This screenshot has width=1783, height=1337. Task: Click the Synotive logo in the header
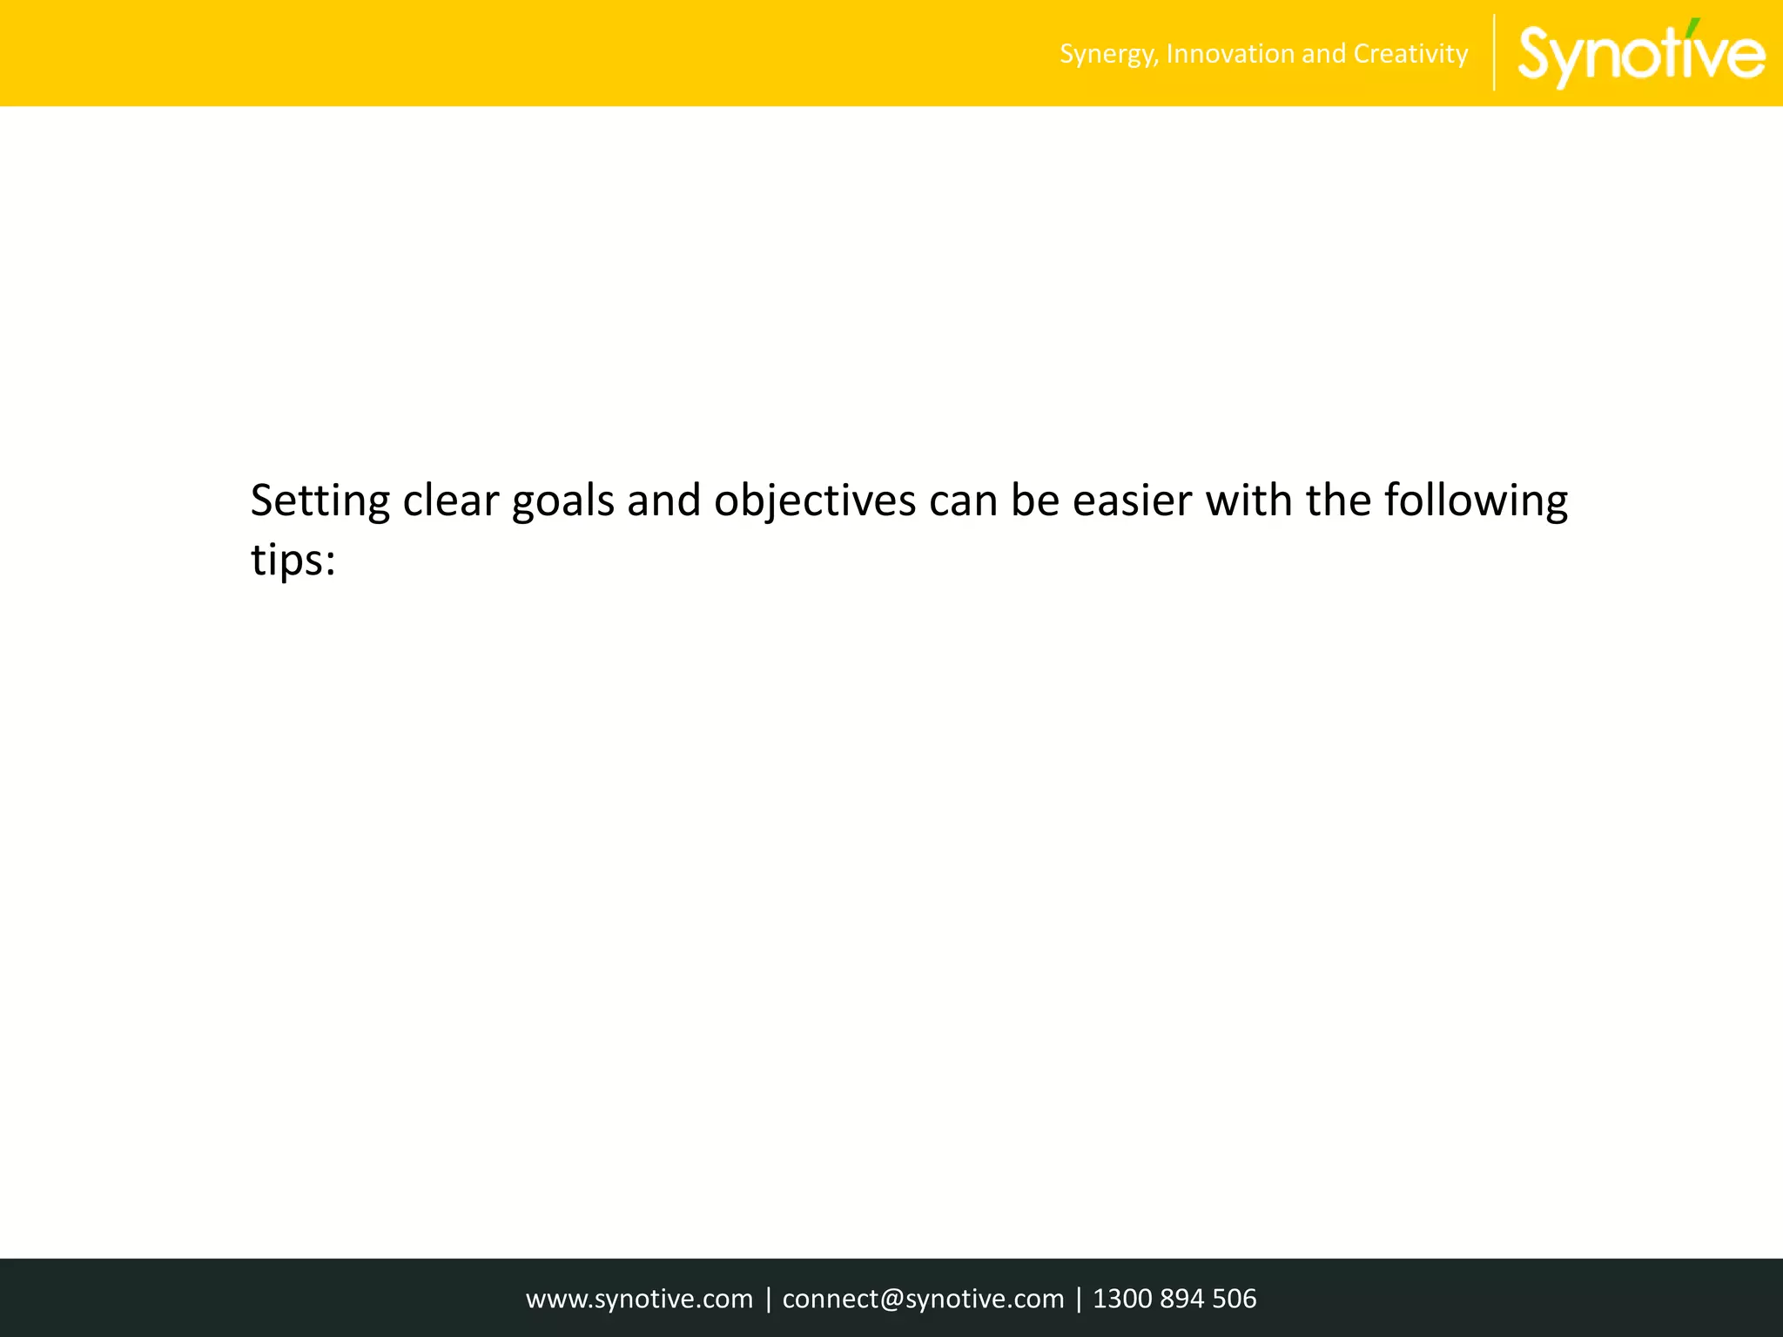point(1642,55)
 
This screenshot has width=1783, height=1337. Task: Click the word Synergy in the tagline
point(1108,55)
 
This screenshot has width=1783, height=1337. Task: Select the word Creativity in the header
point(1410,54)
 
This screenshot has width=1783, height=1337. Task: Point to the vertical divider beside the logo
point(1494,53)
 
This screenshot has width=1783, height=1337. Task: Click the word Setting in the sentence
point(320,501)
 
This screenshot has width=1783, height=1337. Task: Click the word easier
point(1132,501)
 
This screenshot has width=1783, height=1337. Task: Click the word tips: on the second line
point(293,560)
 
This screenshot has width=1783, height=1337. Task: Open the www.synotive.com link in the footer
point(639,1299)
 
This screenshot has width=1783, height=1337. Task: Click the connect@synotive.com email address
point(923,1299)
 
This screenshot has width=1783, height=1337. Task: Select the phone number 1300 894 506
point(1174,1299)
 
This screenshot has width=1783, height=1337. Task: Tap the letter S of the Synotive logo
point(1539,54)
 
